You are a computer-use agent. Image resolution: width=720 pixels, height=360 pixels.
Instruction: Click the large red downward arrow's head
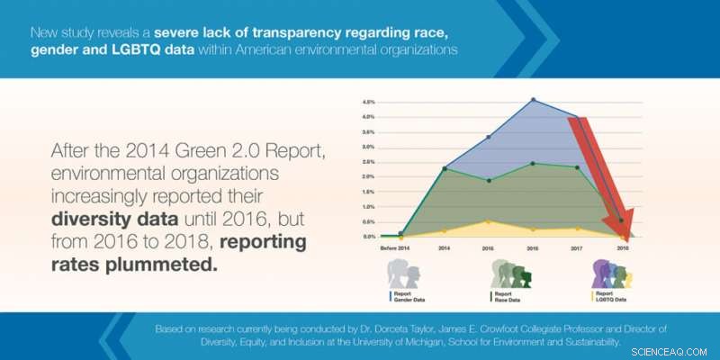624,225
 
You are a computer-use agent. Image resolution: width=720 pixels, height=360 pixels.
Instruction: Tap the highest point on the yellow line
488,221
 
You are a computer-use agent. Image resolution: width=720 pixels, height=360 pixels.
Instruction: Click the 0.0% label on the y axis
369,237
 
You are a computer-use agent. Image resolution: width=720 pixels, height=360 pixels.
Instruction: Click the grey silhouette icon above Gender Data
404,274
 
